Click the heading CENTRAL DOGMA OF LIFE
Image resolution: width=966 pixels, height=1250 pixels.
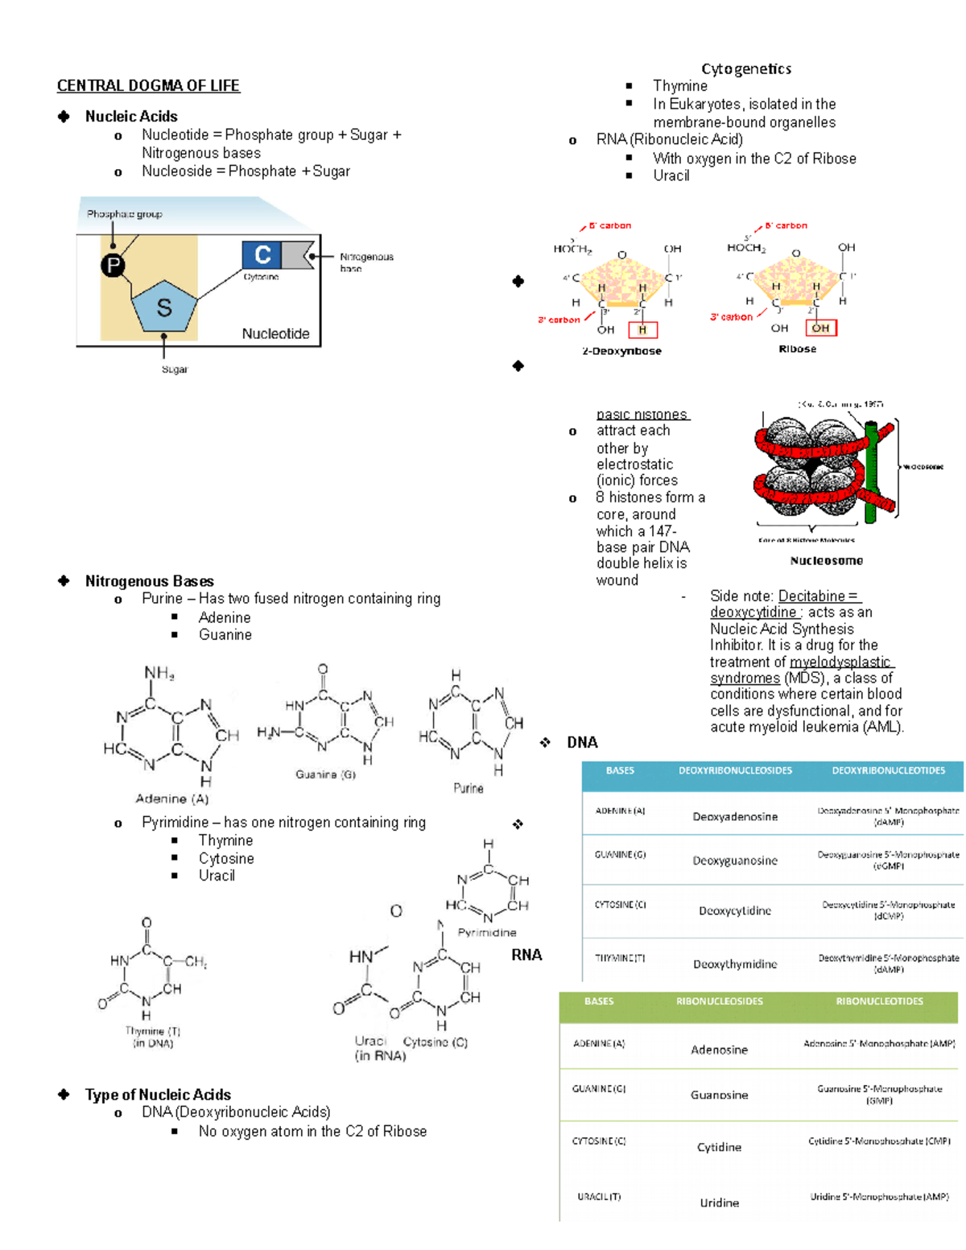tap(148, 85)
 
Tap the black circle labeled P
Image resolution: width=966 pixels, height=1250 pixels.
tap(114, 265)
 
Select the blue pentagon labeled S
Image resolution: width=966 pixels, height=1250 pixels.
tap(164, 307)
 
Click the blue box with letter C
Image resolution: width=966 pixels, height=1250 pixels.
tap(262, 255)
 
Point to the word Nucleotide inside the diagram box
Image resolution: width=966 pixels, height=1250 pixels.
tap(275, 333)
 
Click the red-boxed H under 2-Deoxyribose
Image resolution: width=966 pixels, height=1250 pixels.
tap(642, 329)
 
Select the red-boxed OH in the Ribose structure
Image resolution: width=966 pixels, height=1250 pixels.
tap(820, 328)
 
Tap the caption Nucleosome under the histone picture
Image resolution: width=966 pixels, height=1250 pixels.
tap(826, 560)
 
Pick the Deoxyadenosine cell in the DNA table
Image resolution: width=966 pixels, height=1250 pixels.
tap(735, 816)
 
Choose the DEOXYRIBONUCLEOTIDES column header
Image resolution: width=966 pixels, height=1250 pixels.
tap(888, 771)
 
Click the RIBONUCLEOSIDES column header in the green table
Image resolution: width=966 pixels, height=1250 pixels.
tap(719, 1001)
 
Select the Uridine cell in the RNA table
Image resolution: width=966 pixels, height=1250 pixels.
tap(719, 1203)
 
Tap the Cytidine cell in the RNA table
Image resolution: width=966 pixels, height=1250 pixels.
tap(719, 1147)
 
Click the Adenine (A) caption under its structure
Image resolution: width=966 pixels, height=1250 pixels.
tap(171, 798)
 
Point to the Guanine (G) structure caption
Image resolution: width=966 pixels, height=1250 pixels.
tap(325, 774)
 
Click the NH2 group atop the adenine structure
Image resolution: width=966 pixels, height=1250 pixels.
tap(159, 673)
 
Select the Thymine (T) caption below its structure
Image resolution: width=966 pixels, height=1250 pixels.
tap(152, 1031)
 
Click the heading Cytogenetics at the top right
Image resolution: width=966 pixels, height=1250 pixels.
tap(746, 69)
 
